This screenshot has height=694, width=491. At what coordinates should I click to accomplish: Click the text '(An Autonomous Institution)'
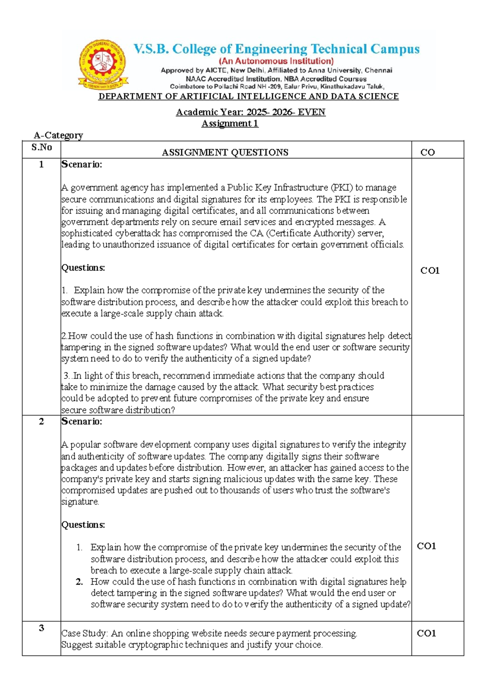click(276, 61)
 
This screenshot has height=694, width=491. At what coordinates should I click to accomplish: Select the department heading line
click(248, 97)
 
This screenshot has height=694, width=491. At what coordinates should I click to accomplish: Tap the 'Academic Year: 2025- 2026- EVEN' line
click(250, 112)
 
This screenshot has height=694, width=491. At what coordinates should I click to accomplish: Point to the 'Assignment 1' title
click(230, 124)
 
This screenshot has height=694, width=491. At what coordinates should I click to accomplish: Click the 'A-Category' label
click(58, 135)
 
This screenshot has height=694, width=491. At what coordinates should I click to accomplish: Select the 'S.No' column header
click(41, 147)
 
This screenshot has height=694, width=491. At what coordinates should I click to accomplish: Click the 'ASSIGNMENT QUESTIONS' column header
click(225, 153)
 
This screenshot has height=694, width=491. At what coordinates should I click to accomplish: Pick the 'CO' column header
click(428, 153)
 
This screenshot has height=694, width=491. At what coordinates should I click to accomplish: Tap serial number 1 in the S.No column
click(41, 164)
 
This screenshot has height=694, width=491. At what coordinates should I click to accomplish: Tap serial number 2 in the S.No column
click(41, 421)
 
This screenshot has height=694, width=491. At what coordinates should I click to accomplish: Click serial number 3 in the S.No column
click(41, 628)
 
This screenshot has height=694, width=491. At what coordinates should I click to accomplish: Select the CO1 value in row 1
click(430, 270)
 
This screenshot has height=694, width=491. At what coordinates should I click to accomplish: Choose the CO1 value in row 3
click(426, 633)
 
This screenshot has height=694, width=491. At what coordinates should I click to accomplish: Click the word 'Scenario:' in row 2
click(82, 421)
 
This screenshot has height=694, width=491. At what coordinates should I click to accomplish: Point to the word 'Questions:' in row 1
click(83, 268)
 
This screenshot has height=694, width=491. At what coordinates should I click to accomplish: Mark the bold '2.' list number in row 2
click(79, 582)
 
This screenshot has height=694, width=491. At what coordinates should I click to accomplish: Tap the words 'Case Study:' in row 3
click(85, 633)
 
